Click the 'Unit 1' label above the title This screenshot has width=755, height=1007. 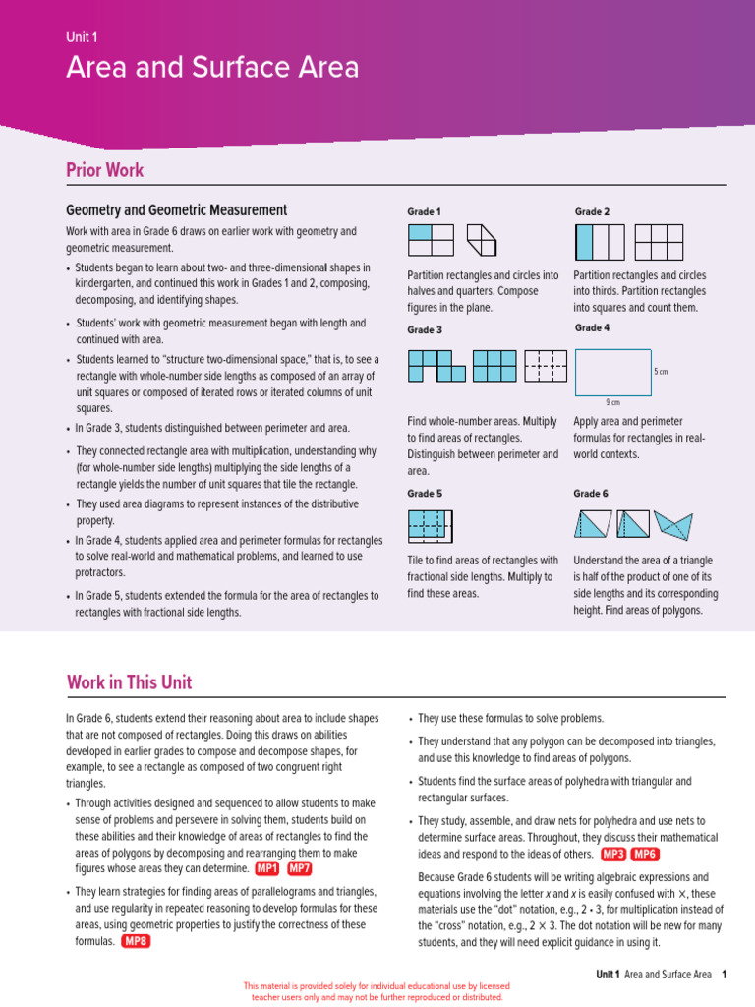point(82,36)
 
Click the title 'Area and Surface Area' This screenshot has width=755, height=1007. point(212,68)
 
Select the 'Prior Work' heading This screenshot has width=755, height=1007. point(104,170)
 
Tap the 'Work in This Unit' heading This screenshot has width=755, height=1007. point(129,682)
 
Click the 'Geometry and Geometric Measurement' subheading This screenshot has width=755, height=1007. point(176,210)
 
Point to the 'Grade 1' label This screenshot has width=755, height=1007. point(424,212)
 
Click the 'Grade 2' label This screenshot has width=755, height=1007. point(592,212)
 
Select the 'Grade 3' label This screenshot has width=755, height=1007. point(424,330)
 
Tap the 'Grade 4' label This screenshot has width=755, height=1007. point(592,328)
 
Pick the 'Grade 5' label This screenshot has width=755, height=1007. point(424,494)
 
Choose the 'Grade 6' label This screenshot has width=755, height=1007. point(591,494)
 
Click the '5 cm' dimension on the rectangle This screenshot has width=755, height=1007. point(661,372)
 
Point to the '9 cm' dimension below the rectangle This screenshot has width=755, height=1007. point(612,402)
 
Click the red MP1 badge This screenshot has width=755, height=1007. point(266,868)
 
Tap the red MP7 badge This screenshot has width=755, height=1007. point(300,868)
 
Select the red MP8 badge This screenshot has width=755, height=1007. point(136,941)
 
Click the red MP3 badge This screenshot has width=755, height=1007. point(612,854)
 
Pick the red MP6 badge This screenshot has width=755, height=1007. point(645,854)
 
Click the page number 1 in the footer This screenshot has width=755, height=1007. point(724,975)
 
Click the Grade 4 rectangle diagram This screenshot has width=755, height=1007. point(612,372)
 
